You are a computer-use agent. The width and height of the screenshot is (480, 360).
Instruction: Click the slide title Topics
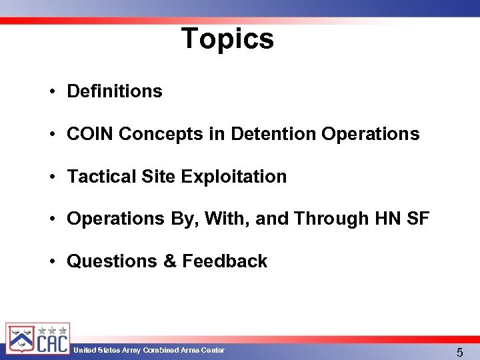(x=227, y=39)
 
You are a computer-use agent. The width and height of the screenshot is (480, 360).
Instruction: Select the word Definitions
(x=115, y=91)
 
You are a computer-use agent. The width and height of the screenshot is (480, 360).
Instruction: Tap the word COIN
(x=91, y=134)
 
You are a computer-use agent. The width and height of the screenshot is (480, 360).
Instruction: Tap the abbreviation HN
(x=389, y=219)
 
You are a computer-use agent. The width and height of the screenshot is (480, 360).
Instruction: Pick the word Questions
(x=112, y=261)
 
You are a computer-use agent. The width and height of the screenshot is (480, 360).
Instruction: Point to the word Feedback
(x=225, y=261)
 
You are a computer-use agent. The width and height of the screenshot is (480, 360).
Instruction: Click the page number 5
(x=459, y=352)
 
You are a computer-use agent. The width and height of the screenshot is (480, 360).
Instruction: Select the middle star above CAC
(x=52, y=330)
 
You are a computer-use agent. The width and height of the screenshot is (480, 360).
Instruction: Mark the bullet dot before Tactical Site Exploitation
(x=51, y=177)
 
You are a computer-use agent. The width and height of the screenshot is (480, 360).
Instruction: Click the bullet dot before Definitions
(x=51, y=92)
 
